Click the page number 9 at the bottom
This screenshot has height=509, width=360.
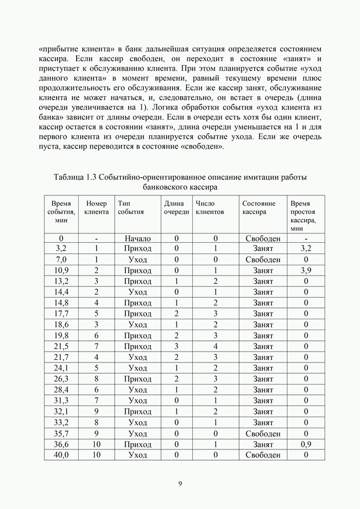click(180, 483)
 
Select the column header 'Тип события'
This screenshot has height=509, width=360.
click(131, 207)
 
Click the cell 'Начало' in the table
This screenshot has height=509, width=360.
click(138, 238)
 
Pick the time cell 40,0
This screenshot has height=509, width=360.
click(61, 455)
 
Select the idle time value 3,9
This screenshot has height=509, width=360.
click(306, 270)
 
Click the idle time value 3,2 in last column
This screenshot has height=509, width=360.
click(306, 249)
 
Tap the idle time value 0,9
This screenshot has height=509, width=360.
click(306, 444)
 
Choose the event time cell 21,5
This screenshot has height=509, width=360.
click(61, 346)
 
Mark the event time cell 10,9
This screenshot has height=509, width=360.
click(61, 270)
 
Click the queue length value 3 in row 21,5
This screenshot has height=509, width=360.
click(176, 346)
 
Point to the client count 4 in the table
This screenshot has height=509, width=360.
click(216, 346)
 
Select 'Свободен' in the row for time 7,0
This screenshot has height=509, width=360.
click(263, 260)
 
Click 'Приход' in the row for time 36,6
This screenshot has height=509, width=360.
click(138, 444)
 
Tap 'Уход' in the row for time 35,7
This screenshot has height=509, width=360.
click(138, 433)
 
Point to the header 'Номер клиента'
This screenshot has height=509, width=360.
click(97, 207)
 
